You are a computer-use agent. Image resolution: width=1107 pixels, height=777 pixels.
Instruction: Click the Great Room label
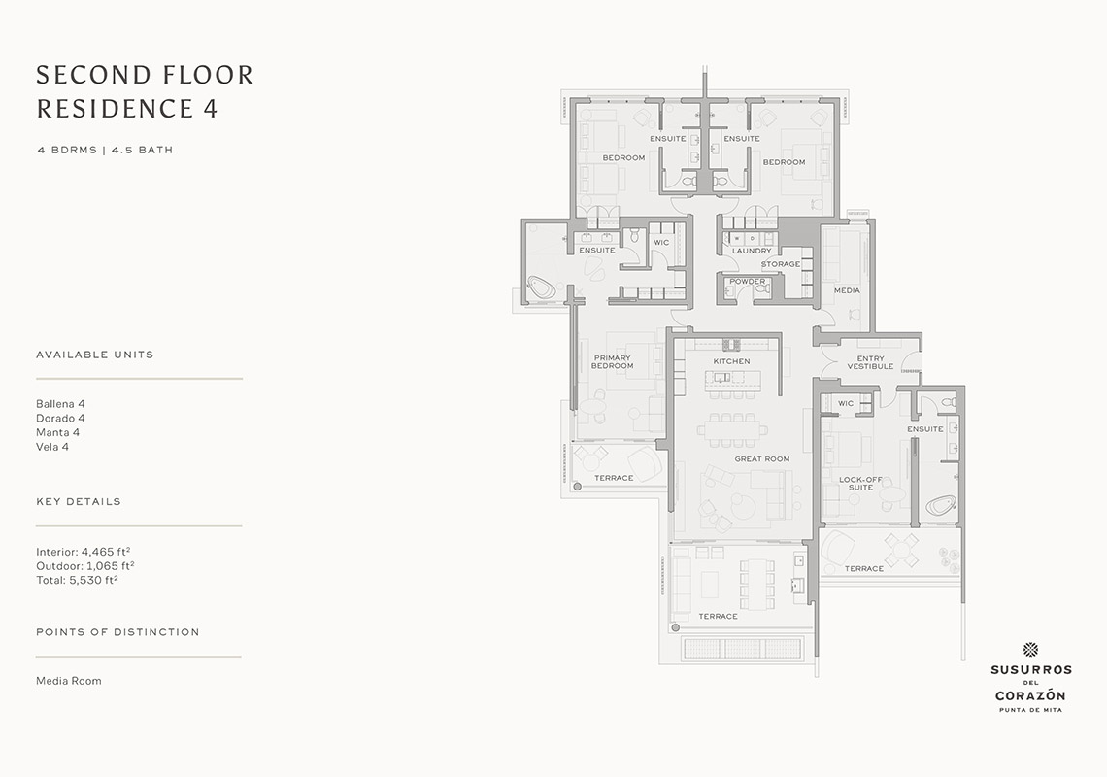[761, 459]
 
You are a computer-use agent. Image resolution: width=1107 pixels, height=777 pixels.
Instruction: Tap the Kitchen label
[731, 361]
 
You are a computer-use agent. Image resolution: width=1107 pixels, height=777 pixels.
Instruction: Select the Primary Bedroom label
[612, 361]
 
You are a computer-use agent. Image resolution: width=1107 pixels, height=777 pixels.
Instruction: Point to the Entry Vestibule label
[870, 362]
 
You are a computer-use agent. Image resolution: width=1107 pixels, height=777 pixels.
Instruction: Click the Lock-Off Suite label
[860, 483]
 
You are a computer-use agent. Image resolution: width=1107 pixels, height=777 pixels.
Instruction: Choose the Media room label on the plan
[847, 290]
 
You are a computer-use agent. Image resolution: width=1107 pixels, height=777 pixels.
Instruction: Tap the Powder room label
[748, 281]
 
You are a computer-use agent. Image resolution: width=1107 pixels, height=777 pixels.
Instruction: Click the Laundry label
[752, 251]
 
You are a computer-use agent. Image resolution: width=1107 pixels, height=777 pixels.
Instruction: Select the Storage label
[781, 264]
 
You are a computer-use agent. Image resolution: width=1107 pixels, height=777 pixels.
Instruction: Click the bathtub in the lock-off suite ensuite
[940, 507]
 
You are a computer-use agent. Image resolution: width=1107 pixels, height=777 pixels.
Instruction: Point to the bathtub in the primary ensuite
[542, 287]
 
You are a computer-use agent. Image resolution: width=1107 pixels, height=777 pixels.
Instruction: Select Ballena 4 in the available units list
[61, 404]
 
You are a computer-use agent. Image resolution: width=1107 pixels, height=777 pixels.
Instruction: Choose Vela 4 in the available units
[52, 447]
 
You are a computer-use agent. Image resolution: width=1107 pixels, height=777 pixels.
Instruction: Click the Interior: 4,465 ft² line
[84, 552]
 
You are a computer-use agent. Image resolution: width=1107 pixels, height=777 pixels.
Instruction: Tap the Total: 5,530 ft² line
[77, 580]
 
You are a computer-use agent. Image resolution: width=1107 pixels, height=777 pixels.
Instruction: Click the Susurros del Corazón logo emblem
[1030, 650]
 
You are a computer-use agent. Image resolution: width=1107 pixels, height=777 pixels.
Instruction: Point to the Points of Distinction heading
[117, 632]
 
